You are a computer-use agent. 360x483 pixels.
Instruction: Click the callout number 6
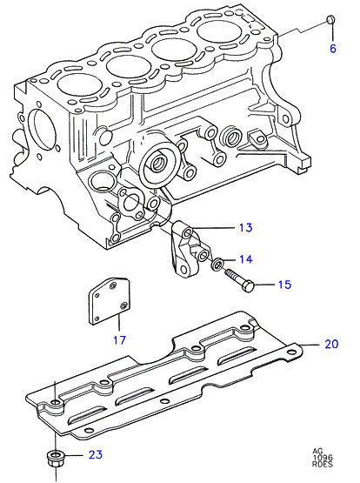pos(333,49)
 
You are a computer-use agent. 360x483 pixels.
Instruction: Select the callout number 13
pos(245,228)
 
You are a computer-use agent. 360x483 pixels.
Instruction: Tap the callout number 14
pos(245,259)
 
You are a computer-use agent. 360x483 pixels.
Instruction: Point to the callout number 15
pos(284,285)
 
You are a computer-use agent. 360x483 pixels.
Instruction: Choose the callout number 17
pos(119,340)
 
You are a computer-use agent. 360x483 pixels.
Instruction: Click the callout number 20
pos(331,344)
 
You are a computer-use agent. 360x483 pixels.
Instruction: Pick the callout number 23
pos(96,454)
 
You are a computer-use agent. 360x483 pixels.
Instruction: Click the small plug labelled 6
pos(330,19)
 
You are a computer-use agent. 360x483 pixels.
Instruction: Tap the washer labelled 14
pos(217,264)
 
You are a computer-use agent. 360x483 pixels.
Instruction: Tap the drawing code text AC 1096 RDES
pos(323,458)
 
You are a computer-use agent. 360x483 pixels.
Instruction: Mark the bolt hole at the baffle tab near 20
pos(290,352)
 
